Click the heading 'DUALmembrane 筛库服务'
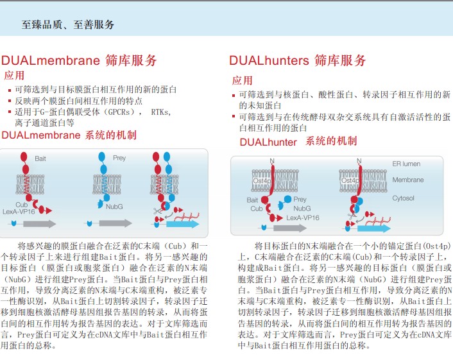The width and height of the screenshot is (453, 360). coord(79,61)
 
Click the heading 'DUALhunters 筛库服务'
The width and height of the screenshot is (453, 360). coord(298,61)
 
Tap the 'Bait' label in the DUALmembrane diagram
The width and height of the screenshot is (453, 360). coord(40,158)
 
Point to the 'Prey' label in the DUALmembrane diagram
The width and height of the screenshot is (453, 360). coord(119,158)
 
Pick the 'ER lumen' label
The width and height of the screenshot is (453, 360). coord(406,164)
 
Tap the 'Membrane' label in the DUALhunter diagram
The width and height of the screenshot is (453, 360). coord(407,180)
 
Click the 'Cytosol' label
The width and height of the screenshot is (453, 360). coord(404,198)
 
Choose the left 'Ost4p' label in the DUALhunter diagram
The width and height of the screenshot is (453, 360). coord(261,182)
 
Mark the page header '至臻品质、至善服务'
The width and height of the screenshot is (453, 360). coord(69,25)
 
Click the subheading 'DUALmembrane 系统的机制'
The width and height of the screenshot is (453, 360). coord(69,135)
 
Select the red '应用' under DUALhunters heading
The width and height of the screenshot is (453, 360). coord(242,80)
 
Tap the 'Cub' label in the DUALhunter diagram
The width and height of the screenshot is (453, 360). coord(256,209)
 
